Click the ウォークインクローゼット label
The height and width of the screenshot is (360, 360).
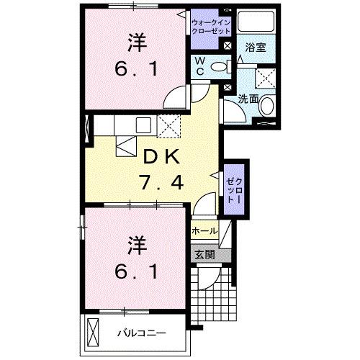point(211,27)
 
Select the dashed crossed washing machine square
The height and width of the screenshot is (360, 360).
point(266,78)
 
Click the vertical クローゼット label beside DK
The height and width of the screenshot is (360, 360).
point(231,188)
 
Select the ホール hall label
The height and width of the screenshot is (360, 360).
point(204,231)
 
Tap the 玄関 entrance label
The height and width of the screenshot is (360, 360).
point(204,253)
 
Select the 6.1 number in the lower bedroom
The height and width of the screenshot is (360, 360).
point(135,271)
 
